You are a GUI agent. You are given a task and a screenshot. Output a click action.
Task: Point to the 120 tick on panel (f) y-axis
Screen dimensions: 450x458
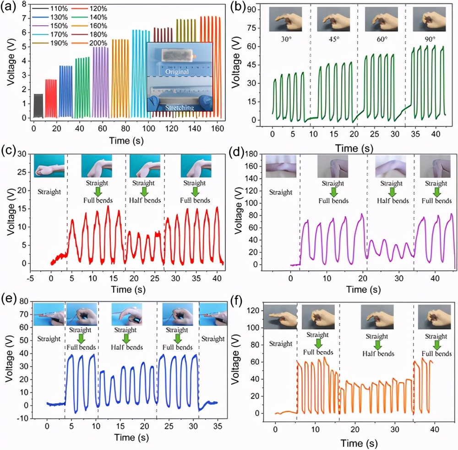[x=257, y=310]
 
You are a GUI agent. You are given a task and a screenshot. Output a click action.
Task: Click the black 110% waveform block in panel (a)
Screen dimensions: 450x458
[x=38, y=106]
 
